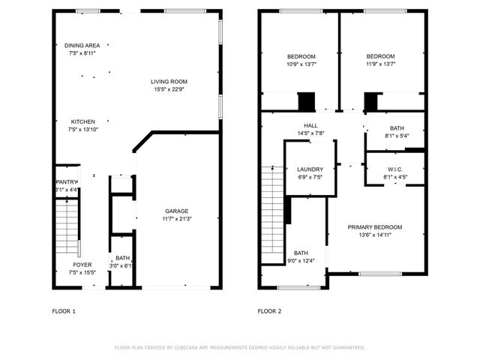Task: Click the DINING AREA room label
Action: (82, 46)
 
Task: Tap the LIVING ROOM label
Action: (169, 82)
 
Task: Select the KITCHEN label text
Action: (82, 121)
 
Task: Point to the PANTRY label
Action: (67, 181)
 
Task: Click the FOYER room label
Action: (82, 265)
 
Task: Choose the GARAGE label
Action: (177, 211)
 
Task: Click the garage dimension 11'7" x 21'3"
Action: (177, 219)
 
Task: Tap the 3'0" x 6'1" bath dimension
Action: (121, 265)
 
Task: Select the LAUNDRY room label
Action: (310, 169)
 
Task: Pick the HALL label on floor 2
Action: (310, 126)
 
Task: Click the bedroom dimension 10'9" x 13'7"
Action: (301, 64)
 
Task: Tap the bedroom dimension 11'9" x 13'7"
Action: (380, 64)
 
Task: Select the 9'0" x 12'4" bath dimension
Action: (301, 261)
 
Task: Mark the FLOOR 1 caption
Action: (64, 310)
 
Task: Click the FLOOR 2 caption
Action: (269, 310)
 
